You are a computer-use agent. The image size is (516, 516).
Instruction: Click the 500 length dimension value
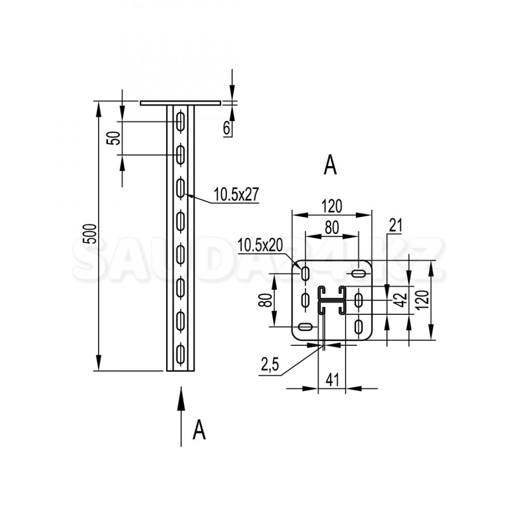[x=89, y=234]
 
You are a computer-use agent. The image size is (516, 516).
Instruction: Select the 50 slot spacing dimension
[x=113, y=138]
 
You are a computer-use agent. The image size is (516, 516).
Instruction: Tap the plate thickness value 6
[x=227, y=128]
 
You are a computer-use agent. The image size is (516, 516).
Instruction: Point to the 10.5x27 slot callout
[x=236, y=194]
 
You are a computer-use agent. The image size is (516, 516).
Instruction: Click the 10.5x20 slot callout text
[x=260, y=245]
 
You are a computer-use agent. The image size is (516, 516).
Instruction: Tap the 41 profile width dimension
[x=332, y=380]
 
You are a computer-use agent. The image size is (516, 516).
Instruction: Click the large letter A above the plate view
[x=330, y=165]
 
